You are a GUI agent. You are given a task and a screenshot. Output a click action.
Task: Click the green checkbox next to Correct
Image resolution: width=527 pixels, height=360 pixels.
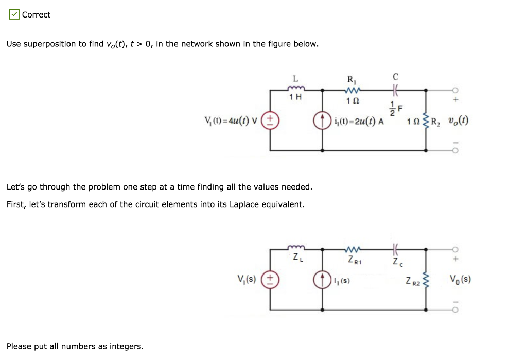[x=14, y=14]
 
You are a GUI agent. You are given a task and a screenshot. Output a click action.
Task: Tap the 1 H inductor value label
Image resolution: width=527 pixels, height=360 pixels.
[x=295, y=98]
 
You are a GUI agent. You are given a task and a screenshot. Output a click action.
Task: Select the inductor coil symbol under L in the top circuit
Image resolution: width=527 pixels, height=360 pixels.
[x=295, y=89]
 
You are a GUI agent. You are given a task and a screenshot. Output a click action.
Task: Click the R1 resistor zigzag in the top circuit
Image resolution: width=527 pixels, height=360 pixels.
[x=351, y=89]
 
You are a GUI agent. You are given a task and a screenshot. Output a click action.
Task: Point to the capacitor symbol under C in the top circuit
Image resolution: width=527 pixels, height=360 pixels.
[x=395, y=89]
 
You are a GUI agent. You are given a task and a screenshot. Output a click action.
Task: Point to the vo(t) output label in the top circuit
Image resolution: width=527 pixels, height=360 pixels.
[x=457, y=122]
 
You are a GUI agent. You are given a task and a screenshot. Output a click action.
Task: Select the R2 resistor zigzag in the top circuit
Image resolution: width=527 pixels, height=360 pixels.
[x=426, y=122]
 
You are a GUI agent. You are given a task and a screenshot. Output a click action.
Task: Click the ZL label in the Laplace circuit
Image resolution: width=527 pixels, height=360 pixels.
[x=296, y=257]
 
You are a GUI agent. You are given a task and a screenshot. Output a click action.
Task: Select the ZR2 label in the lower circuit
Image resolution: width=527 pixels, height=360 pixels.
[x=412, y=281]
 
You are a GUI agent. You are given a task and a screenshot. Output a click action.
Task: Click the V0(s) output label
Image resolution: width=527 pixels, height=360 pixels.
[x=460, y=280]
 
